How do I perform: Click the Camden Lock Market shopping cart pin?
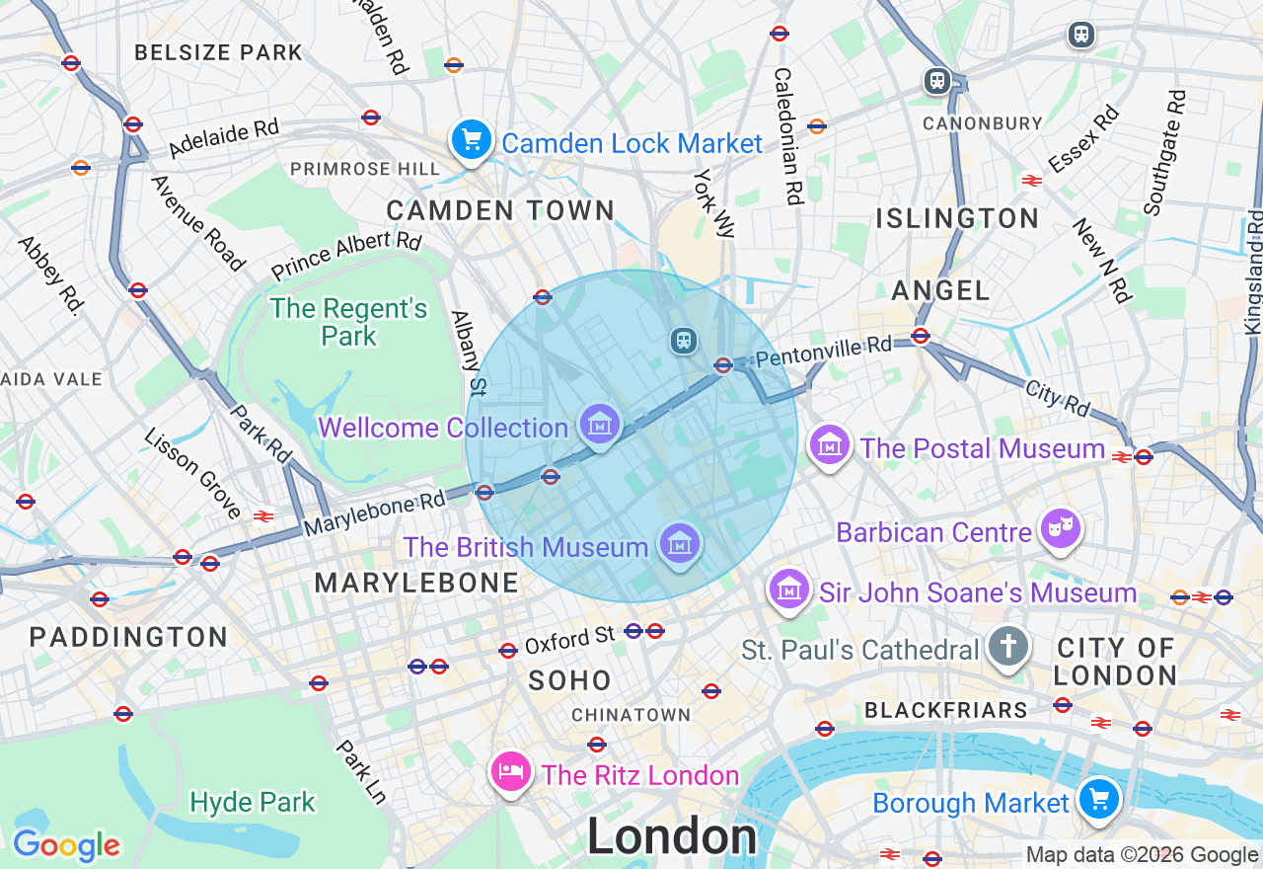472,140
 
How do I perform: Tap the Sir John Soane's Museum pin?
788,591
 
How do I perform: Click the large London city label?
672,837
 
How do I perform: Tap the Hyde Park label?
253,802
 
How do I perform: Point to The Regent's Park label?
349,322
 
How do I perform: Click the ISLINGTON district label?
957,218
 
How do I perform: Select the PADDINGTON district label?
128,637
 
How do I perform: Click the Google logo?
66,845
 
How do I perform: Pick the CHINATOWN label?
631,715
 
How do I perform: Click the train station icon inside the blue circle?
683,341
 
